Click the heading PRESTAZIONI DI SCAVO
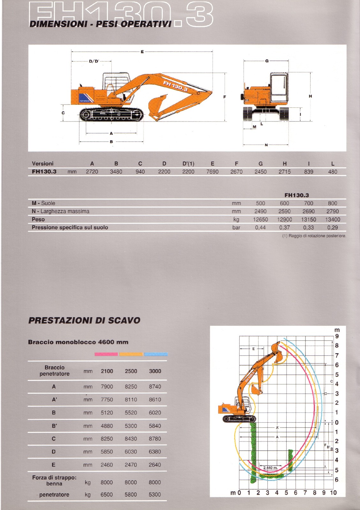(x=84, y=320)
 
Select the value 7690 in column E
(x=212, y=171)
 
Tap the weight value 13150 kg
(x=308, y=219)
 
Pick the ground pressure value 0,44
(x=260, y=228)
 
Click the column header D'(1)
(x=188, y=164)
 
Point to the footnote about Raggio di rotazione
(x=314, y=236)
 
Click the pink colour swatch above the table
(x=106, y=354)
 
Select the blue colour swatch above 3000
(x=156, y=354)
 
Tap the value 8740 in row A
(x=155, y=387)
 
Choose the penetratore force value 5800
(x=131, y=495)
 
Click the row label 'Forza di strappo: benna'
(x=54, y=480)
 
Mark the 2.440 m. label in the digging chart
(x=270, y=468)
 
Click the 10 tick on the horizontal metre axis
(x=333, y=493)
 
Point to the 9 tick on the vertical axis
(x=337, y=336)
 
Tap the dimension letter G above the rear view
(x=267, y=61)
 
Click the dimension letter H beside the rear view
(x=310, y=96)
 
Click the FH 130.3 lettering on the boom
(x=175, y=86)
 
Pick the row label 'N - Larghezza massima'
(x=61, y=211)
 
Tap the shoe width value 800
(x=332, y=203)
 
